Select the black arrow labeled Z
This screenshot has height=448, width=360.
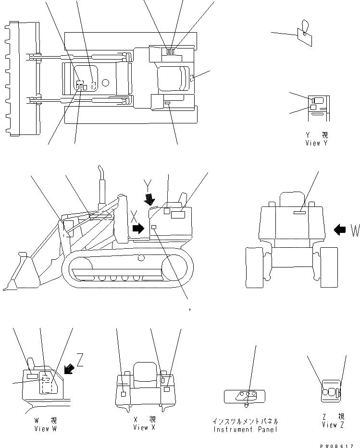point(69,368)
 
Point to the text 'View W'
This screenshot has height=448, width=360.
point(45,429)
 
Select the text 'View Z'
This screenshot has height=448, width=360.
point(333,425)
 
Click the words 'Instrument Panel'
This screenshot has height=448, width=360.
point(246,429)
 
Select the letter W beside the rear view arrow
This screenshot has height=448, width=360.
point(355,230)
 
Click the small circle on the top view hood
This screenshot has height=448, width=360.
point(105,83)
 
